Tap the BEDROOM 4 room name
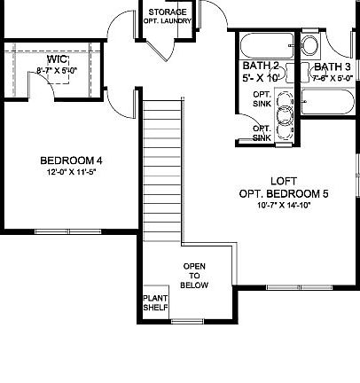click(72, 160)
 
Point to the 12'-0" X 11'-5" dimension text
click(72, 172)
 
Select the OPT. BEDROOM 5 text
click(283, 194)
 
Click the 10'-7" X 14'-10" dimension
click(283, 205)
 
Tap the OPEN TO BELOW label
click(195, 276)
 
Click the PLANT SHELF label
click(154, 302)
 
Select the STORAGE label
click(168, 12)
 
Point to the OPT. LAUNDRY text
click(168, 20)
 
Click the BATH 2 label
click(261, 66)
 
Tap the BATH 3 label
click(333, 66)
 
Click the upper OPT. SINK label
click(262, 98)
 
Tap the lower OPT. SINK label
click(262, 133)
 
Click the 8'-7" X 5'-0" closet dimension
click(57, 71)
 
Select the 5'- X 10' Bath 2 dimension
click(261, 78)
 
